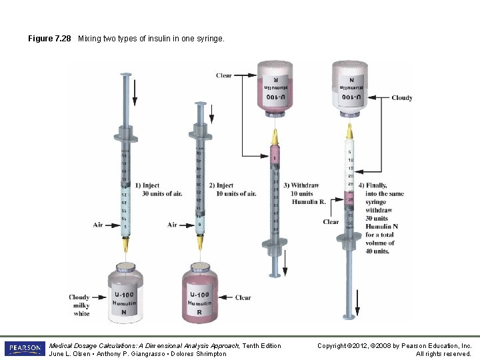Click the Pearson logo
tap(24, 349)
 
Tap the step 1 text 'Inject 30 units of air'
tap(158, 189)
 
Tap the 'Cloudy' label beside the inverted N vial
tap(401, 98)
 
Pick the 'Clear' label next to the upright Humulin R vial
tap(243, 298)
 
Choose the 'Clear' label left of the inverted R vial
tap(224, 75)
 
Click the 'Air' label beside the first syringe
tap(99, 225)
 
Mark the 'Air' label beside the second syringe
tap(173, 225)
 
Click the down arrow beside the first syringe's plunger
tap(135, 93)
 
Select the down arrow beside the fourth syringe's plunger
tap(358, 309)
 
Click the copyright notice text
tap(394, 349)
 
